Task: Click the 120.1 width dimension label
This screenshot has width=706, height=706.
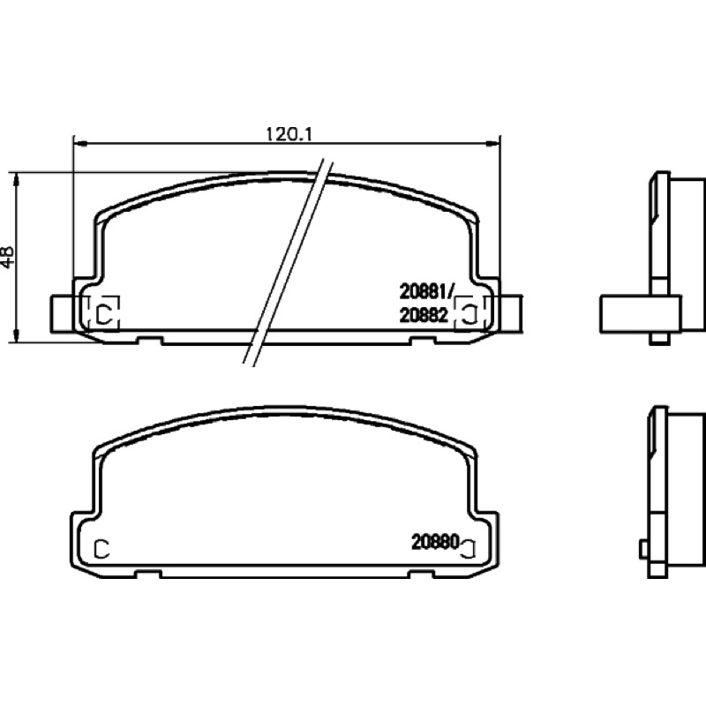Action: pos(289,134)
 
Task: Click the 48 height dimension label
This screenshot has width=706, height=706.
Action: pos(8,257)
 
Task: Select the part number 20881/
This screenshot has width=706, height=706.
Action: pos(425,293)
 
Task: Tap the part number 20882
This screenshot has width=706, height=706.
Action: pos(424,315)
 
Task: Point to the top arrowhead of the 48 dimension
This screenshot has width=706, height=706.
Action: pos(16,179)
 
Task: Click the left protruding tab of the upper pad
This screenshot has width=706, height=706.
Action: pos(62,314)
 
